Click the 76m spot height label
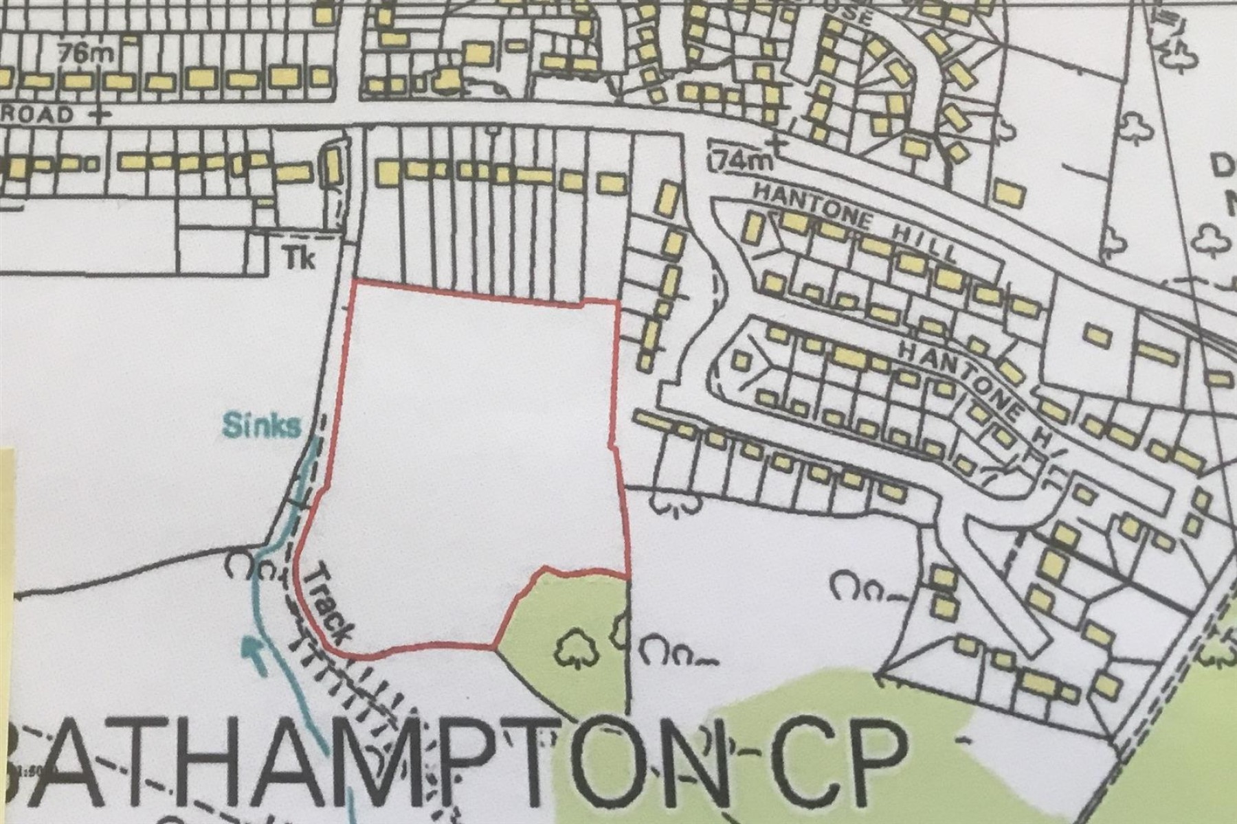point(81,53)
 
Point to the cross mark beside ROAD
point(100,114)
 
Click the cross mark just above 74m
point(777,144)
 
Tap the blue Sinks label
point(261,426)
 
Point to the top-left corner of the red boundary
point(353,282)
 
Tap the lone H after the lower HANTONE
point(1046,442)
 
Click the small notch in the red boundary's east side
point(614,445)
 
